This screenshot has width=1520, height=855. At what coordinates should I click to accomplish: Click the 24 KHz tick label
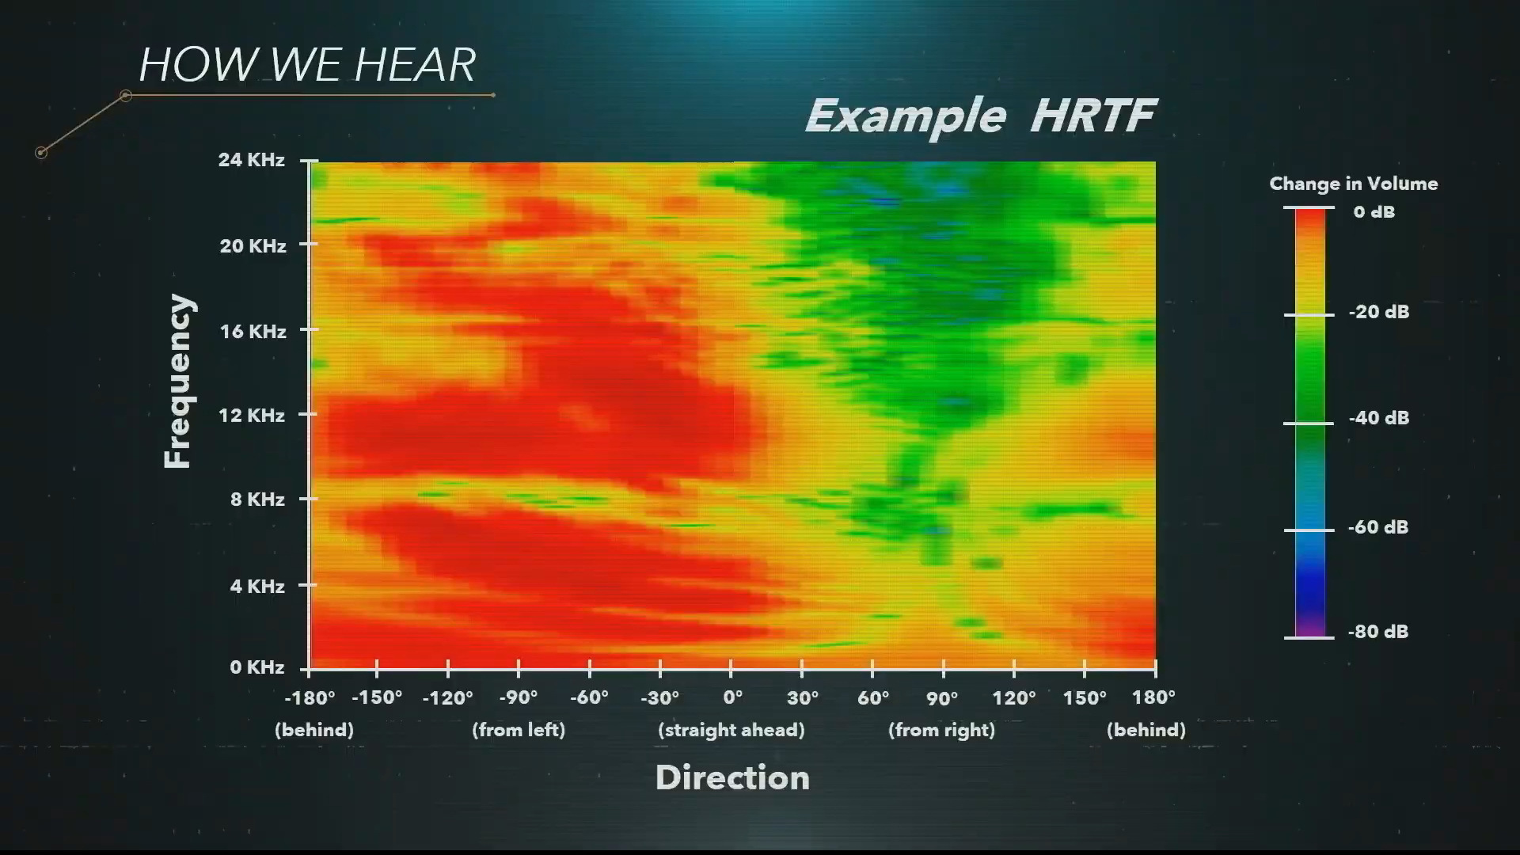point(251,160)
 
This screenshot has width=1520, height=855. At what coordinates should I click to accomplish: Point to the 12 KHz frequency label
point(252,415)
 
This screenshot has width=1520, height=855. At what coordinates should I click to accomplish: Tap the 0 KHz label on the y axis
point(257,667)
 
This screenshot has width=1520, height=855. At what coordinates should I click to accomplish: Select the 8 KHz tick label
point(256,500)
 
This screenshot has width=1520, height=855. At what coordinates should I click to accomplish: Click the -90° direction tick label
point(519,697)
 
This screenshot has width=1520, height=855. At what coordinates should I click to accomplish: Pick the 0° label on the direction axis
point(733,697)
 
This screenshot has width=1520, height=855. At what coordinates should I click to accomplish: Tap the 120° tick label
point(1014,697)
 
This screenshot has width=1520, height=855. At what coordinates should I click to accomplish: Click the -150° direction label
point(377,697)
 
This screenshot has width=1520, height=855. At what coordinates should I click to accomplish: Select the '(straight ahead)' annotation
point(731,730)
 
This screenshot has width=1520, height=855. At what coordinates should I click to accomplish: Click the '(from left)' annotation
point(519,730)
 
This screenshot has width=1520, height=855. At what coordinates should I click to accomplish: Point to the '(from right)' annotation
point(941,730)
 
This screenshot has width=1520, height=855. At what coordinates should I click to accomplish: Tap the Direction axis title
point(732,777)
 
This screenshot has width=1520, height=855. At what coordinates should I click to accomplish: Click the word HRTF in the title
point(1093,116)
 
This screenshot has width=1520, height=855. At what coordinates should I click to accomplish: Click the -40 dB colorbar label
point(1378,418)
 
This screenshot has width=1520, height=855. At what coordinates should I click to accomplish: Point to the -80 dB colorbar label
point(1378,632)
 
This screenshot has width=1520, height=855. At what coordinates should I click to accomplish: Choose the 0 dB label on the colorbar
point(1374,212)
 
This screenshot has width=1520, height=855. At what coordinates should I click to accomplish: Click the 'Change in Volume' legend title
point(1354,184)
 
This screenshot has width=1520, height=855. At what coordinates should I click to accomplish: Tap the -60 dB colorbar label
point(1378,527)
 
